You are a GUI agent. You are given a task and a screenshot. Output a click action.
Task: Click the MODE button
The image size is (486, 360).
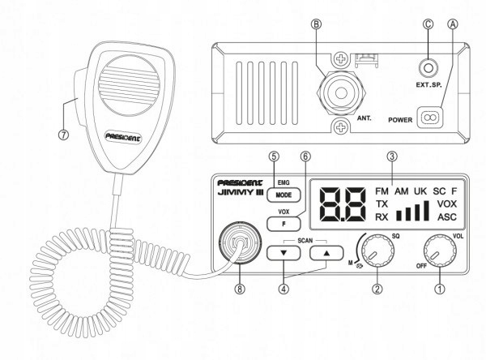click(285, 195)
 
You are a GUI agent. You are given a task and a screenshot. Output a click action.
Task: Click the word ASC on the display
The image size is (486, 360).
click(447, 218)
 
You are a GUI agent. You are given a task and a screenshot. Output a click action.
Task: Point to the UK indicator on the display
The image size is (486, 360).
click(420, 192)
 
